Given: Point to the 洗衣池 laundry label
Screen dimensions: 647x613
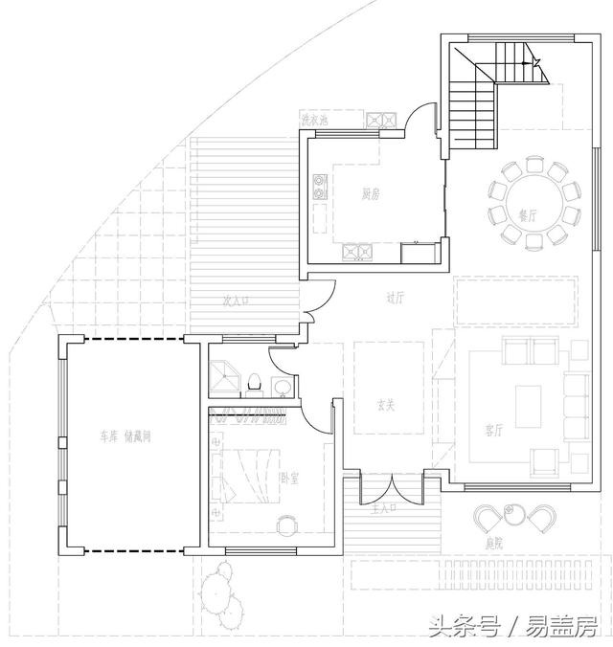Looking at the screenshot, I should point(315,121).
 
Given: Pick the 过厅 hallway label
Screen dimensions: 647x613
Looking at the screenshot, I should point(396,298).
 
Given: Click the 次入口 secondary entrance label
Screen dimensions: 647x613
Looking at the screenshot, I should point(236,301).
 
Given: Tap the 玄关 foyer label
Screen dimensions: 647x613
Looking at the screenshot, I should point(386,404).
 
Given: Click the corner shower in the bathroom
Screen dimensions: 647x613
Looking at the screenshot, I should point(224,377).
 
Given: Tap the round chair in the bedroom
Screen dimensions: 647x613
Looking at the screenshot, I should point(287,525).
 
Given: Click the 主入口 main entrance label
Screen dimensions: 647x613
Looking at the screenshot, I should point(383,510).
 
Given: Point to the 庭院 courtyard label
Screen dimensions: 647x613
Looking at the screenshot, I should point(495,544).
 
